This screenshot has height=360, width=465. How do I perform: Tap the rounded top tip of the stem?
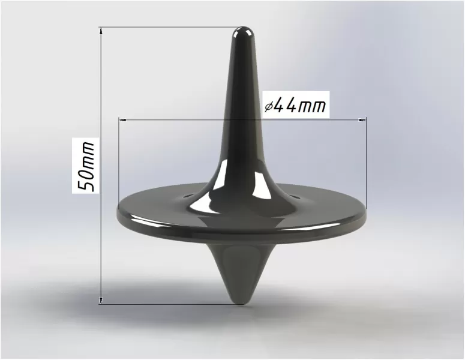tap(242, 30)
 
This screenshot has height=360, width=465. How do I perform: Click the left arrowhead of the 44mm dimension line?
tap(123, 119)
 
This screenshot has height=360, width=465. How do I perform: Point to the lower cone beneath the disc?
tap(240, 270)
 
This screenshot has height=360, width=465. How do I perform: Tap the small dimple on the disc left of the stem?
tap(190, 195)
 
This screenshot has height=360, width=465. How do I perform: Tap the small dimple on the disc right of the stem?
tap(292, 195)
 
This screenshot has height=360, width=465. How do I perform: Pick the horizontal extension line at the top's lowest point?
tap(168, 304)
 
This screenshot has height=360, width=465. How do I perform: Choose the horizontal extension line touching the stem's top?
tap(168, 27)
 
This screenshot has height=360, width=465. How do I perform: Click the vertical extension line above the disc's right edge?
tap(366, 162)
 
